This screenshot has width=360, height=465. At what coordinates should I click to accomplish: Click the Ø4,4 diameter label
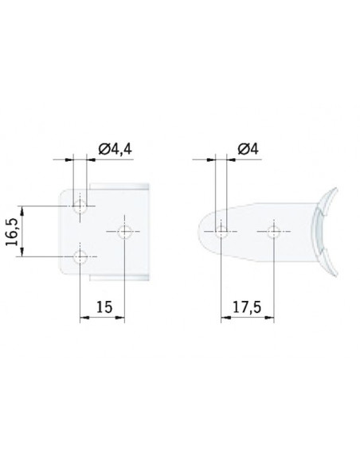115,149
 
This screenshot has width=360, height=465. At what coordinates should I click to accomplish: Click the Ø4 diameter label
248,149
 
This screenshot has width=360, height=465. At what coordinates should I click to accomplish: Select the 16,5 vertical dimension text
12,232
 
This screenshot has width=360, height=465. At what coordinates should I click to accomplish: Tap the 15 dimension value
104,307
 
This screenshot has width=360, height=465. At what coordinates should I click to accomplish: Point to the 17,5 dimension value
247,307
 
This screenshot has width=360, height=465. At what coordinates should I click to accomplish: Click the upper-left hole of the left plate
80,206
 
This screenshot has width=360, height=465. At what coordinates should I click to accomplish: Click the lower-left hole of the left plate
80,256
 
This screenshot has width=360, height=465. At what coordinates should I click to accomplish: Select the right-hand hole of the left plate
124,232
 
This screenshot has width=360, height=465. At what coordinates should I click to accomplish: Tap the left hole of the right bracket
221,232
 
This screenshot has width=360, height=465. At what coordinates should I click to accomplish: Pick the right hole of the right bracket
273,232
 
